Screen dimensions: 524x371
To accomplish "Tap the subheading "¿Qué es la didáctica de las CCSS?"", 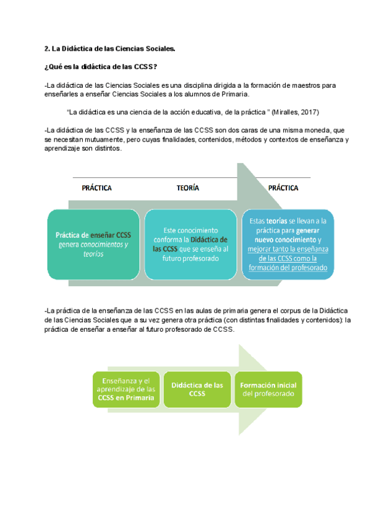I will coord(104,67).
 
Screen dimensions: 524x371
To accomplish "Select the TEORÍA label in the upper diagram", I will coord(188,188).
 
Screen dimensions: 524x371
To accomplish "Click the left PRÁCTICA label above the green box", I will coord(96,188).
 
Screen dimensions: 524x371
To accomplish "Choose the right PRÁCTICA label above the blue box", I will coord(284,188).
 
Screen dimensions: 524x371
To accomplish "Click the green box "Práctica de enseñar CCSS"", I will coord(93,244).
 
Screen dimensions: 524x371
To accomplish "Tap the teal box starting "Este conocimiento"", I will coord(190,244).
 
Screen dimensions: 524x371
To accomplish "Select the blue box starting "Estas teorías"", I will coord(288,244).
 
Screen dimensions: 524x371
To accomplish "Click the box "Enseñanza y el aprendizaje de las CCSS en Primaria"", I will coord(126,390).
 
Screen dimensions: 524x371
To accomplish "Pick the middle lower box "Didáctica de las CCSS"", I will coord(197,390).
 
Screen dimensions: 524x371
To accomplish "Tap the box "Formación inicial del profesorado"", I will coord(268,389).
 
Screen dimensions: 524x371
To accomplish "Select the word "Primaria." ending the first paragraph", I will coord(233,94).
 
